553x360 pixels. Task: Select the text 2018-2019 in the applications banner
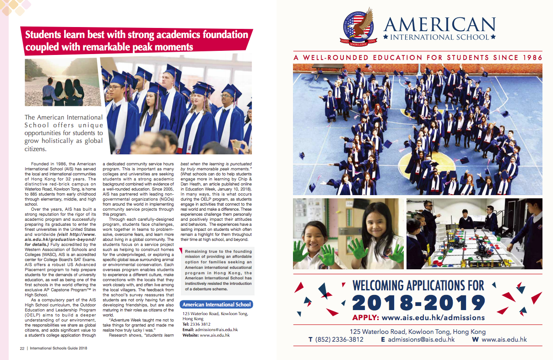tap(418, 303)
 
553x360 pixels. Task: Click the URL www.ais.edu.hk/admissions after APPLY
tap(433, 317)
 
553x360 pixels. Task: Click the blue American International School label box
tap(216, 305)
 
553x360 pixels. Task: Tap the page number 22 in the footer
tap(22, 348)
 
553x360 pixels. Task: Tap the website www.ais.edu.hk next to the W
tap(504, 339)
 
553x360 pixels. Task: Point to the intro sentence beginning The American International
tap(64, 118)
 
